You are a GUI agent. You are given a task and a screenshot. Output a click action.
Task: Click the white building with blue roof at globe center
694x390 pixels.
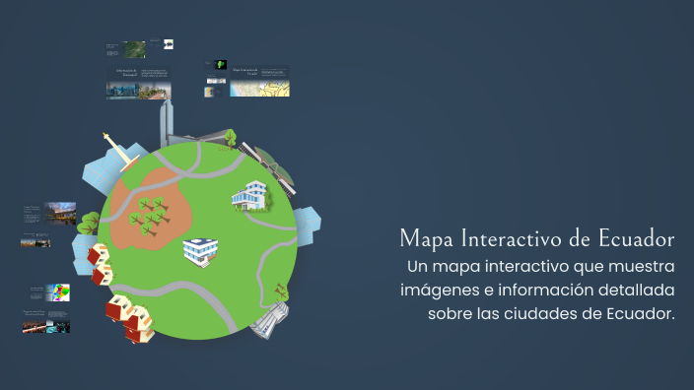200,250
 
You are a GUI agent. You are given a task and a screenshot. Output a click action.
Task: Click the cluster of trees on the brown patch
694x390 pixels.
149,214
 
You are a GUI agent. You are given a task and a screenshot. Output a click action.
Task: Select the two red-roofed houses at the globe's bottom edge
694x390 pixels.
130,317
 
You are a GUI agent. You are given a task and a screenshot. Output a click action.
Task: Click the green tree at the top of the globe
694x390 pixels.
230,137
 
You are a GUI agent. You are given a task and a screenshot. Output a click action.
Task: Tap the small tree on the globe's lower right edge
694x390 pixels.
281,291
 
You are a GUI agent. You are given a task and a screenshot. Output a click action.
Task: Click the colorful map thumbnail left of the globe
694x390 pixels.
61,292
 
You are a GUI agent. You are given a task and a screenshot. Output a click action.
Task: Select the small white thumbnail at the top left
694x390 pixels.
169,44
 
